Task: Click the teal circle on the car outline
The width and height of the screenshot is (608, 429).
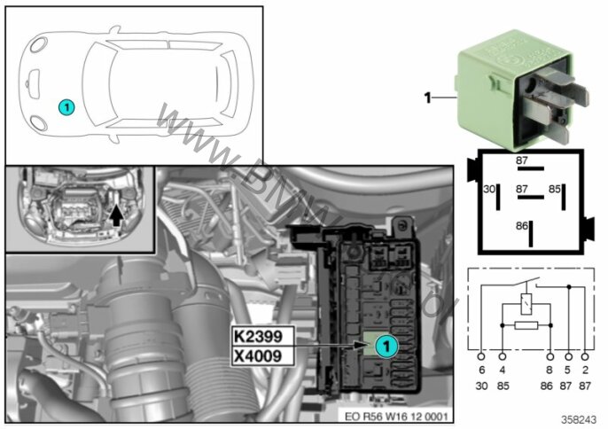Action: coord(66,105)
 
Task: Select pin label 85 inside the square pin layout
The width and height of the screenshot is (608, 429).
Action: coord(555,189)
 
